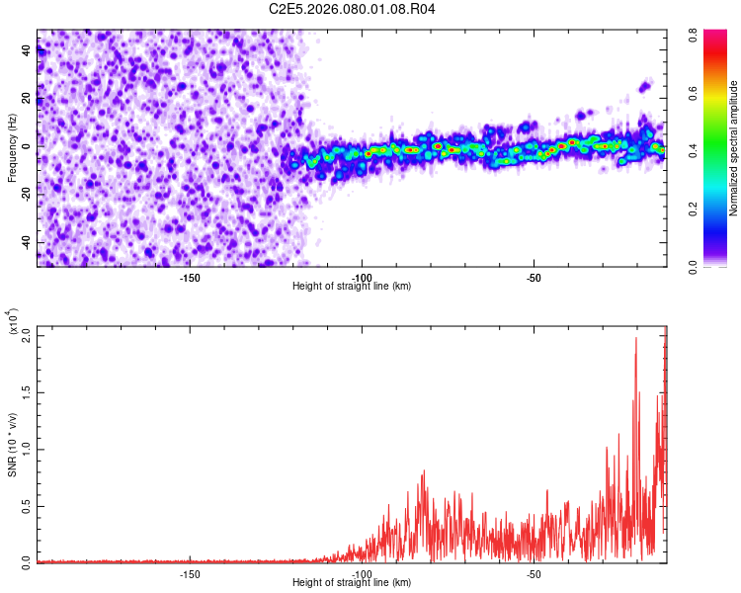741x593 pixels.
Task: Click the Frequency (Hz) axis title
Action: click(x=12, y=148)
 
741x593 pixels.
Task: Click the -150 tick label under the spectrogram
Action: click(x=190, y=277)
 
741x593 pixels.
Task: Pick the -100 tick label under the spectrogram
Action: click(x=363, y=277)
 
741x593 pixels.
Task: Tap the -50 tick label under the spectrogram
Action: click(x=534, y=277)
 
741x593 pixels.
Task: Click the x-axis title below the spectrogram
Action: click(x=352, y=287)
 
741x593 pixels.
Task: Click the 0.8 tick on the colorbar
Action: click(x=695, y=33)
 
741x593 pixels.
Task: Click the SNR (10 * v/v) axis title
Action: click(x=12, y=445)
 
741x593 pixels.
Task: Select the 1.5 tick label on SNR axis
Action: click(x=27, y=391)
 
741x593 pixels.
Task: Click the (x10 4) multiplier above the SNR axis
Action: click(x=12, y=322)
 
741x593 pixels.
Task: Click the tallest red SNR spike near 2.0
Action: click(x=635, y=339)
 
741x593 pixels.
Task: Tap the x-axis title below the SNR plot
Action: click(x=352, y=583)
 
